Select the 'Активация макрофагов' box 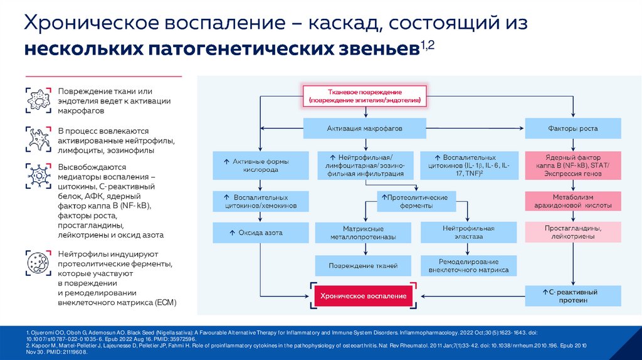point(364,129)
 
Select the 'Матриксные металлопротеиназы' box point(363,233)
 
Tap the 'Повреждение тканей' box point(363,266)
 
